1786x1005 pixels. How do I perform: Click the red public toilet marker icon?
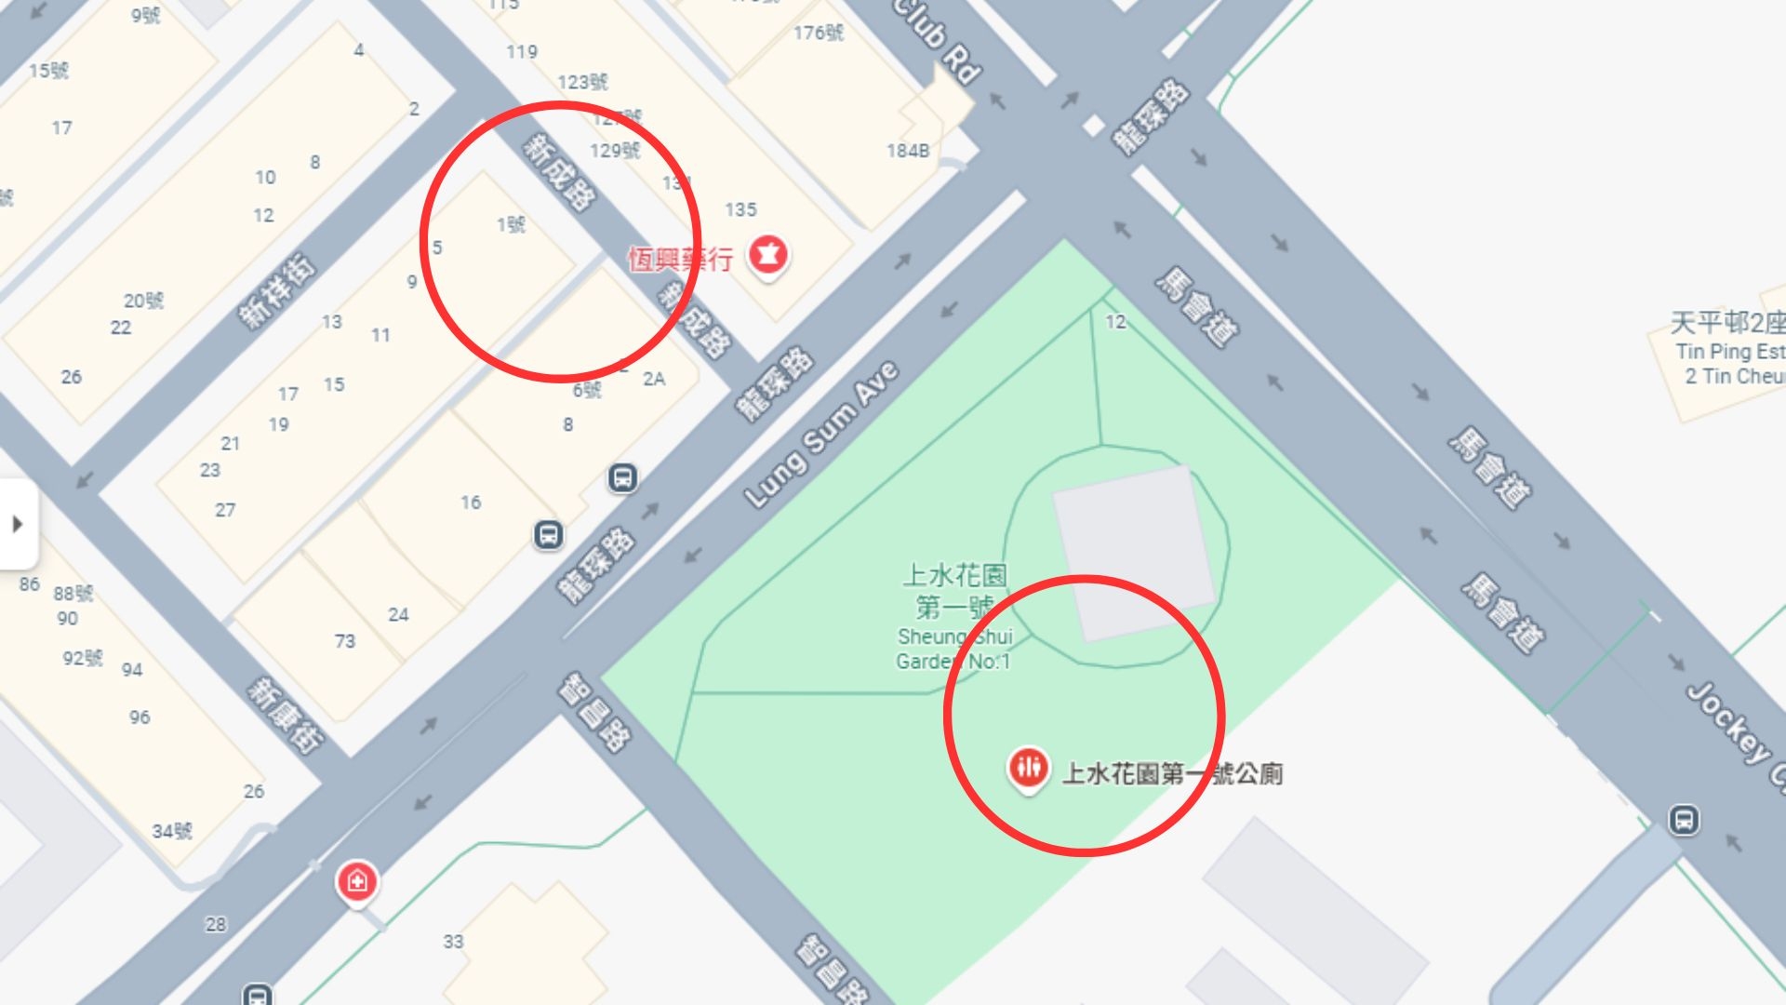point(1028,768)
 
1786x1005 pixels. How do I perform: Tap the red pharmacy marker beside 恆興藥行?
point(768,254)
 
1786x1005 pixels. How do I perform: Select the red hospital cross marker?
point(357,880)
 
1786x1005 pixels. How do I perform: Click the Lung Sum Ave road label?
point(821,435)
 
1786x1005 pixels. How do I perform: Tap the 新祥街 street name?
point(277,290)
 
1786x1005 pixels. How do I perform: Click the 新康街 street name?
point(285,715)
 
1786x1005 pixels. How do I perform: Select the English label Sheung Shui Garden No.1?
point(953,649)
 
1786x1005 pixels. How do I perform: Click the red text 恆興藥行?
point(680,259)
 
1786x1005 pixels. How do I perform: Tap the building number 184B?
point(907,151)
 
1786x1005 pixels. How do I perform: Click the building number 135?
point(740,209)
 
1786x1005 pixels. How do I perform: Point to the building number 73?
point(344,641)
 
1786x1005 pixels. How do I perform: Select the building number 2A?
point(654,379)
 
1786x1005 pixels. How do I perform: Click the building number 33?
point(453,942)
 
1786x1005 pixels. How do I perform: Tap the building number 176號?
point(819,33)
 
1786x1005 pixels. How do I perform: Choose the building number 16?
point(471,502)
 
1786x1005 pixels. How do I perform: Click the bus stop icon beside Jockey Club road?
point(1683,820)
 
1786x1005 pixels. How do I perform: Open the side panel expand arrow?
point(18,524)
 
